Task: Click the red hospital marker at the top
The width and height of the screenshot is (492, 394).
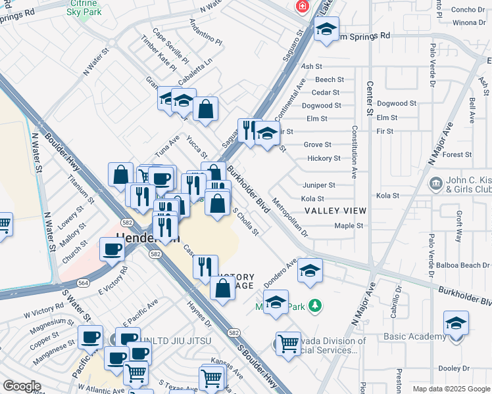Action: pyautogui.click(x=301, y=6)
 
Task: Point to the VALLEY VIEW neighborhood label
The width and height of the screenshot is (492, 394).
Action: pyautogui.click(x=335, y=211)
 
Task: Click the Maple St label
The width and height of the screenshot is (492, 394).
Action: pyautogui.click(x=349, y=226)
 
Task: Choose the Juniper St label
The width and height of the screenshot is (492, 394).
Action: pyautogui.click(x=319, y=185)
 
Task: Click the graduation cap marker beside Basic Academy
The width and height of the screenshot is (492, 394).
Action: pyautogui.click(x=456, y=322)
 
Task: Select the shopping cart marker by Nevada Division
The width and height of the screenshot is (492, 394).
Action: pyautogui.click(x=288, y=342)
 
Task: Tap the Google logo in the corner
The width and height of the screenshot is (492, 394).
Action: pyautogui.click(x=22, y=386)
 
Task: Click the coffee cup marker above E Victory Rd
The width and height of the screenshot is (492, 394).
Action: pyautogui.click(x=112, y=249)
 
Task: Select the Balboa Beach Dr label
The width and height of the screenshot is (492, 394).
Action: pyautogui.click(x=458, y=265)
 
